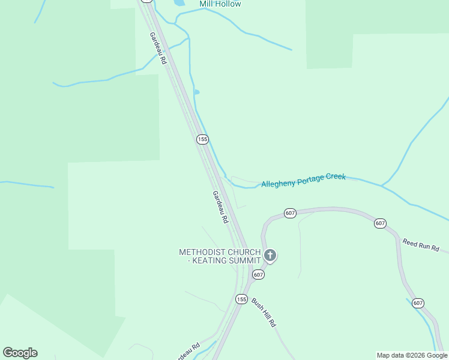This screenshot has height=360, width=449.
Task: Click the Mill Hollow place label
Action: pyautogui.click(x=220, y=4)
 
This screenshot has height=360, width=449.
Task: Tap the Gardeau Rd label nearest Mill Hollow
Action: pyautogui.click(x=157, y=46)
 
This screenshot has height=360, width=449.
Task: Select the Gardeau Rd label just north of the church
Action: pyautogui.click(x=220, y=207)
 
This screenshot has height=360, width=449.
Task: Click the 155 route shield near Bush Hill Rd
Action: pyautogui.click(x=241, y=299)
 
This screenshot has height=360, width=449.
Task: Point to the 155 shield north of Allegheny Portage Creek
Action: pyautogui.click(x=202, y=139)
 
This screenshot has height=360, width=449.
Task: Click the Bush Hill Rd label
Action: pyautogui.click(x=264, y=313)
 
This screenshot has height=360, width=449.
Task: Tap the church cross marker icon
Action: pyautogui.click(x=270, y=256)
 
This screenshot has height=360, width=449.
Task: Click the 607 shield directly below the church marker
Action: pyautogui.click(x=258, y=274)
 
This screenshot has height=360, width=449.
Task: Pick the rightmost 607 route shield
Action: pyautogui.click(x=418, y=303)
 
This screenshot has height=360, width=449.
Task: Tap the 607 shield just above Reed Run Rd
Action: pyautogui.click(x=380, y=223)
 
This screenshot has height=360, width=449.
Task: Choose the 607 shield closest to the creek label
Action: pyautogui.click(x=290, y=214)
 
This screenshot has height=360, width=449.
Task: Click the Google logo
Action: pyautogui.click(x=20, y=353)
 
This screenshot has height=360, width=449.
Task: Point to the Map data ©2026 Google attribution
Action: pyautogui.click(x=412, y=355)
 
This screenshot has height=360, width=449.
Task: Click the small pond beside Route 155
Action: pyautogui.click(x=196, y=92)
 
